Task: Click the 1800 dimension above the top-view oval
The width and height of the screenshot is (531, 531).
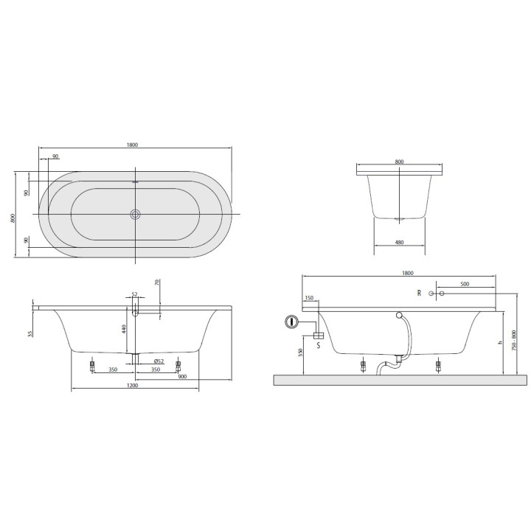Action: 133,145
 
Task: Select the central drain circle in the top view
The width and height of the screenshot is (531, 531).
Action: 135,215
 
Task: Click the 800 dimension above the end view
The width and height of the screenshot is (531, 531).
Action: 399,162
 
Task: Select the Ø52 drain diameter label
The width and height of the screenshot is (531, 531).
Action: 158,360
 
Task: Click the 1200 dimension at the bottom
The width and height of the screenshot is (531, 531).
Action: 133,386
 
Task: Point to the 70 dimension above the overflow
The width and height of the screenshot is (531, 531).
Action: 157,282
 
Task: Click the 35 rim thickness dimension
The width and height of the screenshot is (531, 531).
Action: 30,333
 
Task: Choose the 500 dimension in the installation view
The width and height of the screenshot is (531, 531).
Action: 464,283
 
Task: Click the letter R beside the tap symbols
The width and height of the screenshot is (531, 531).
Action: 419,294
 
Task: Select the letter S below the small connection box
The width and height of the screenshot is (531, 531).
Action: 318,344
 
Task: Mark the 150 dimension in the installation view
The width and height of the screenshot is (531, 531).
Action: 308,298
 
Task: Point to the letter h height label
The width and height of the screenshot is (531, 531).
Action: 499,343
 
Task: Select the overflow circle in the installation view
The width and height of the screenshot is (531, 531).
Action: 399,315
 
